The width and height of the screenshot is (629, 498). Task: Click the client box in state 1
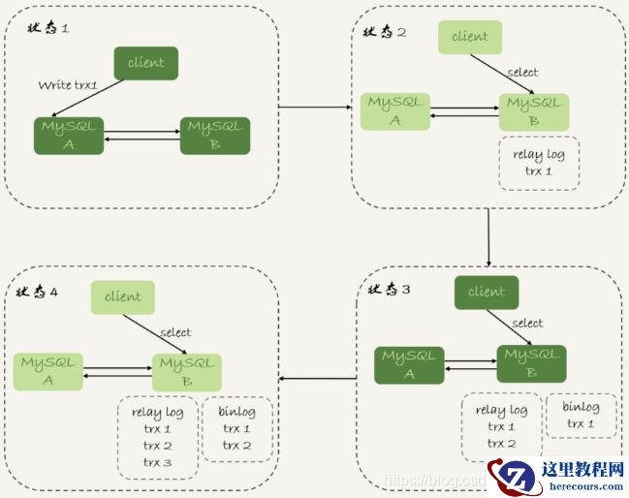(x=146, y=63)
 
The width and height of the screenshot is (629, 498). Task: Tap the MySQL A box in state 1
(x=69, y=136)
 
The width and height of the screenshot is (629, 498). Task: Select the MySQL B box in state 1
(x=215, y=136)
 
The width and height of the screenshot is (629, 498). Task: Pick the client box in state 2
(x=470, y=37)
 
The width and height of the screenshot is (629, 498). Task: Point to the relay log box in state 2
(x=538, y=163)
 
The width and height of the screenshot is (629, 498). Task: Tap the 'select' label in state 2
(x=523, y=73)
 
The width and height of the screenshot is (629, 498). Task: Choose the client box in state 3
(x=487, y=293)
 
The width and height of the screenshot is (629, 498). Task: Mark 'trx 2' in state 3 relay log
(x=501, y=444)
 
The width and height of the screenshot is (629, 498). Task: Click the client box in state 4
(x=123, y=297)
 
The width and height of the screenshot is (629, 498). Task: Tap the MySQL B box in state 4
(x=186, y=372)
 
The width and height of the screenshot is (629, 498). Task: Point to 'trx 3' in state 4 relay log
(x=157, y=462)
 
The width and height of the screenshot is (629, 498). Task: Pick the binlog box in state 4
(x=236, y=428)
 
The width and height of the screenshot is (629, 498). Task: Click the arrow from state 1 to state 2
(x=315, y=107)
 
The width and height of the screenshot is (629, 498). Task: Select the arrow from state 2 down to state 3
(x=488, y=236)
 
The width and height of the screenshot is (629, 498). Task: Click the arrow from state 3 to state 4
(x=318, y=377)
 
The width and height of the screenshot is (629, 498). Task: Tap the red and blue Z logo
(x=515, y=476)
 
